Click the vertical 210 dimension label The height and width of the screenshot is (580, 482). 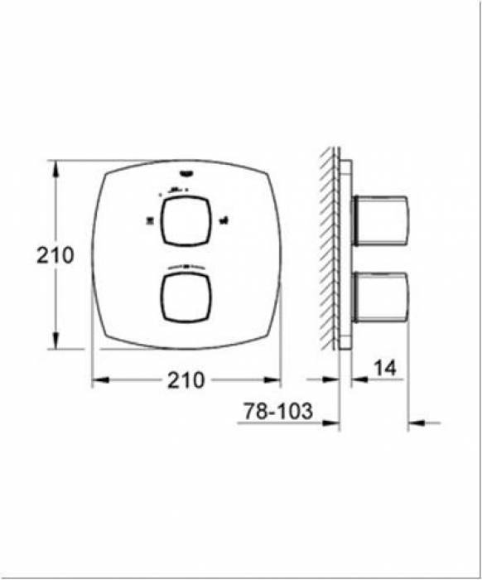tap(55, 255)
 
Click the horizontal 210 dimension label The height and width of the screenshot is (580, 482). tap(186, 379)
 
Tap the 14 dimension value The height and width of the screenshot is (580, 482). tap(385, 368)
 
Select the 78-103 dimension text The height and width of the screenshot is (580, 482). tap(278, 411)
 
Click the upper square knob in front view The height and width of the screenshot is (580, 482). tap(186, 221)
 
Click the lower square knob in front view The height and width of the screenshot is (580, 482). tap(186, 297)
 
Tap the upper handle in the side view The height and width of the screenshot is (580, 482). tap(380, 220)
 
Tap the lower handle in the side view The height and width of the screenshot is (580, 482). tap(380, 297)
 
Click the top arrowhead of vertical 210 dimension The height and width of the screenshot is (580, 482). tap(55, 170)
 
